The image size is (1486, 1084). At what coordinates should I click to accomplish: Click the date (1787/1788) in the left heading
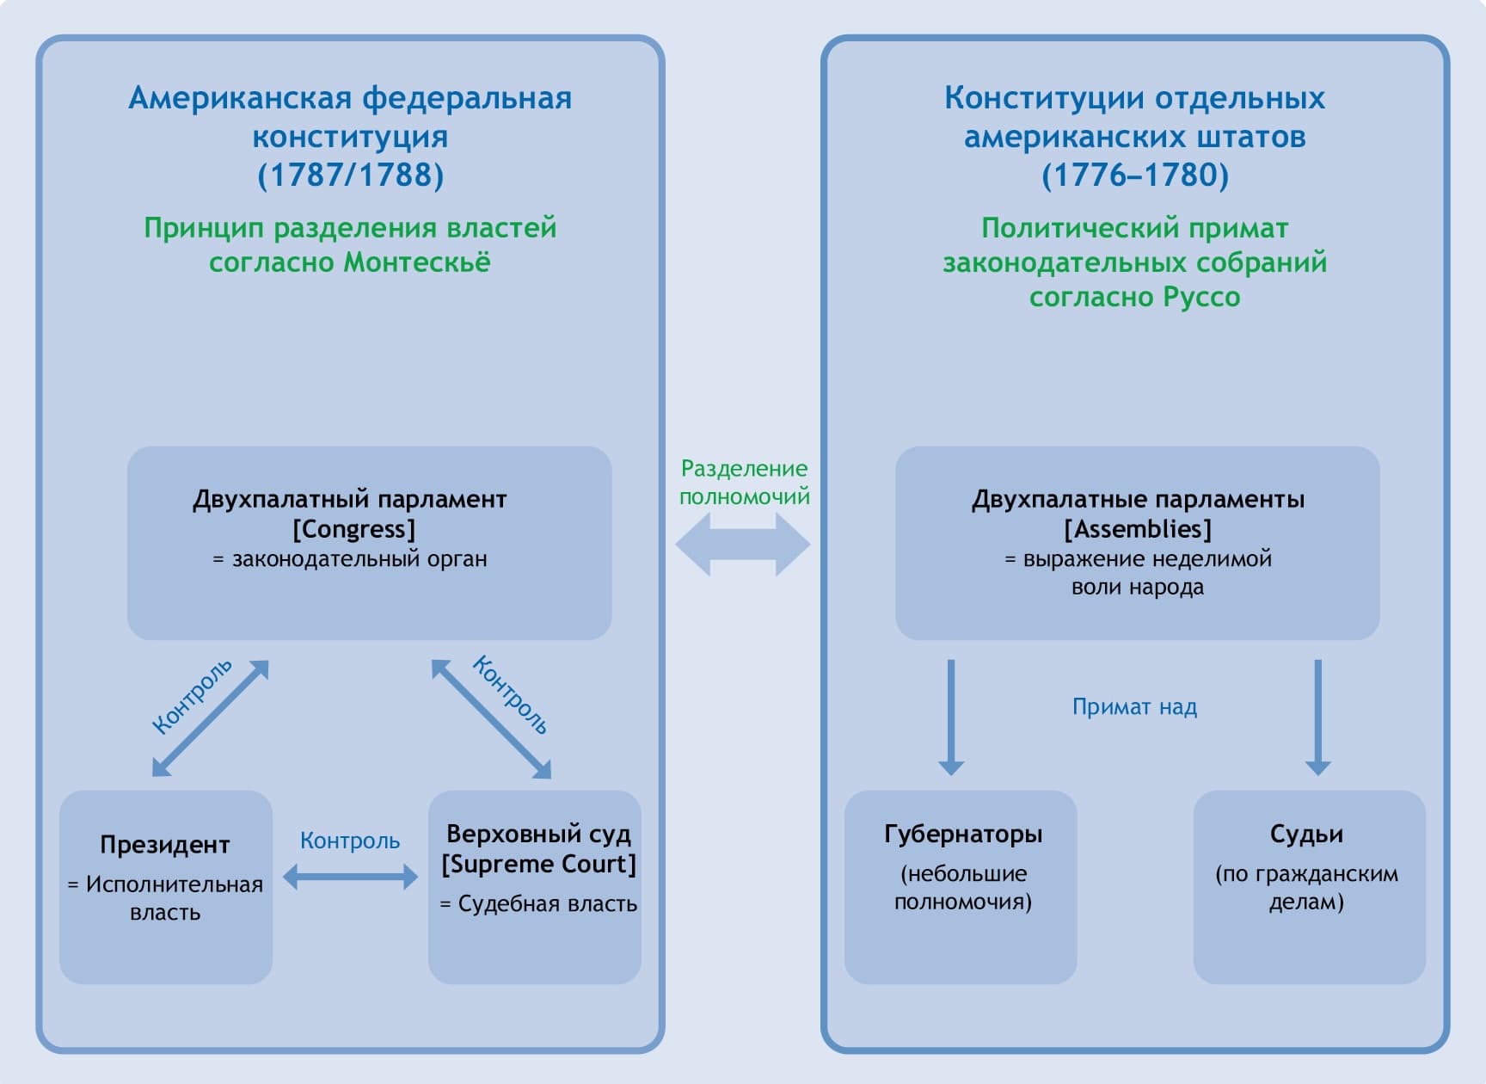click(351, 176)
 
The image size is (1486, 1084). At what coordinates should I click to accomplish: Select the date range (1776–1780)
click(1135, 176)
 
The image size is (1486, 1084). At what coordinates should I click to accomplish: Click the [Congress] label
click(353, 529)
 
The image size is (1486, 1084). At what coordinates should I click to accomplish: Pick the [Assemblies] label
click(1138, 529)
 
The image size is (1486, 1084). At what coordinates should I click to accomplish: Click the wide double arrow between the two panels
click(743, 544)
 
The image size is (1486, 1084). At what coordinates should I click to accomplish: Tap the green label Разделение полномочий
click(745, 483)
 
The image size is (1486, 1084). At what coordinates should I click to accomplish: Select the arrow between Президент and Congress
click(211, 718)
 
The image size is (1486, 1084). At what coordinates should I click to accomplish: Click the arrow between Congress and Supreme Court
click(491, 718)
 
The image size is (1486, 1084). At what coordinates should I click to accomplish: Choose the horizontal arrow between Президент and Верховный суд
click(350, 877)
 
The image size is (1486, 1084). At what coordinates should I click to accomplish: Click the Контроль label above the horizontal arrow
click(350, 841)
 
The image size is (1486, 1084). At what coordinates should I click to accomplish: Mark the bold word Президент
click(165, 845)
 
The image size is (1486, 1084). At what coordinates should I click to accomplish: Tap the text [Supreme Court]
click(539, 864)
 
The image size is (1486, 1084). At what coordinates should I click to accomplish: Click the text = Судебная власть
click(539, 903)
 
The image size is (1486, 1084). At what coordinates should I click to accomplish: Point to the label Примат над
click(1134, 707)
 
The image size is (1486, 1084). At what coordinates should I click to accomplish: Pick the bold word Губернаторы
click(963, 834)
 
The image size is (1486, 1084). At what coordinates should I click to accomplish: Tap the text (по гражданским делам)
click(1306, 888)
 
